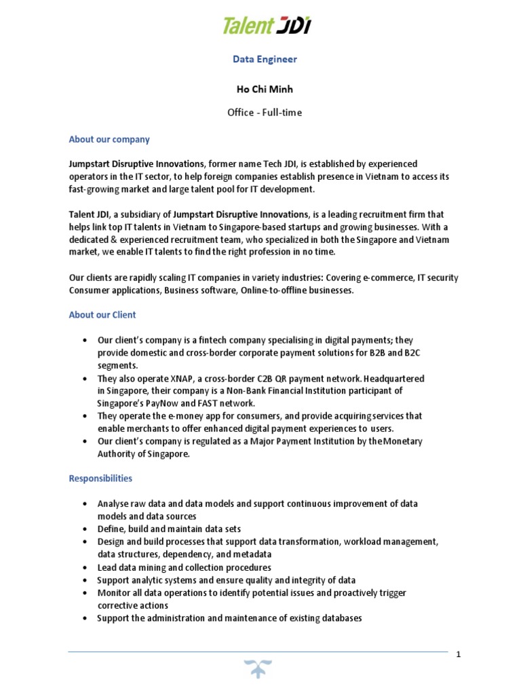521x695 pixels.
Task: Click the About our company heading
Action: coord(109,139)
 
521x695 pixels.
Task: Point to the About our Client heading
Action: coord(102,315)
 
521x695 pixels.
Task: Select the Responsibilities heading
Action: coord(100,478)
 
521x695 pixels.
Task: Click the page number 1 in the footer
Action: coord(459,654)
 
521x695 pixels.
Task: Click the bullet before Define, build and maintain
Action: coord(84,529)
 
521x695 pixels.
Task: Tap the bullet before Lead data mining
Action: coord(84,567)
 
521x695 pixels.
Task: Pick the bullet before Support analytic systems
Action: coord(84,580)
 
